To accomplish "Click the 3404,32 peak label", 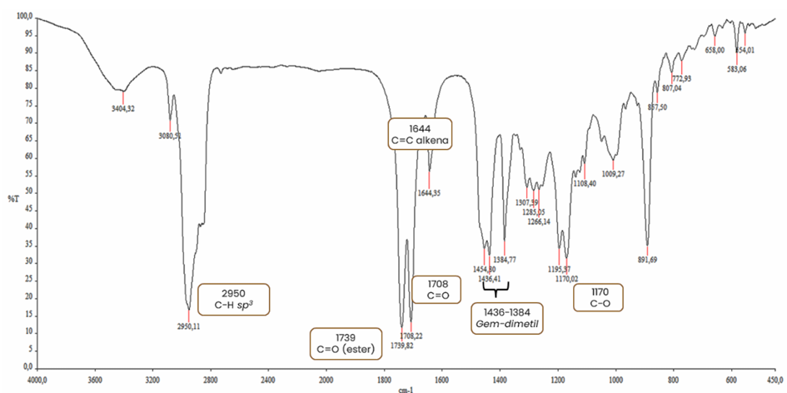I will point(122,108).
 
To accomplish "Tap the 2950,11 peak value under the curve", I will point(191,326).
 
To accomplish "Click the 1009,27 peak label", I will point(614,174).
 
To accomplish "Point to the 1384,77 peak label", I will point(506,260).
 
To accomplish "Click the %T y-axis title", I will point(12,197).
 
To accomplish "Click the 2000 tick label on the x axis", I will point(326,377).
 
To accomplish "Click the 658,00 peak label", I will point(715,50).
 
